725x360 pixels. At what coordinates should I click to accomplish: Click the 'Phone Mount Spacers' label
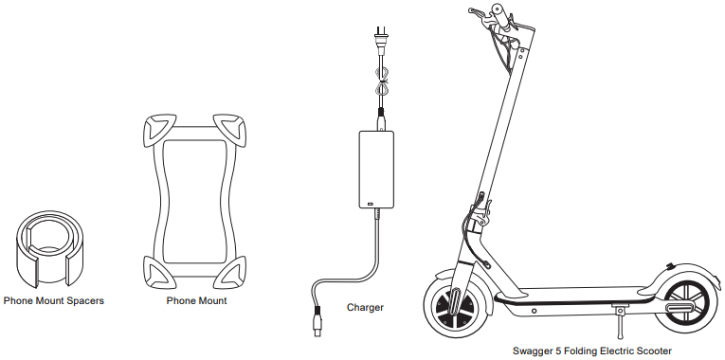click(x=54, y=300)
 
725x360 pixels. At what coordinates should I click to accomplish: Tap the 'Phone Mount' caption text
click(x=196, y=300)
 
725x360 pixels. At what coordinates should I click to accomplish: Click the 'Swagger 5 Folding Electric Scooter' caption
click(x=590, y=351)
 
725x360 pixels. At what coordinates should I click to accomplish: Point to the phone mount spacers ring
click(x=53, y=246)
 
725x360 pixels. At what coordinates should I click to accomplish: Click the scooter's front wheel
click(x=453, y=307)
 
